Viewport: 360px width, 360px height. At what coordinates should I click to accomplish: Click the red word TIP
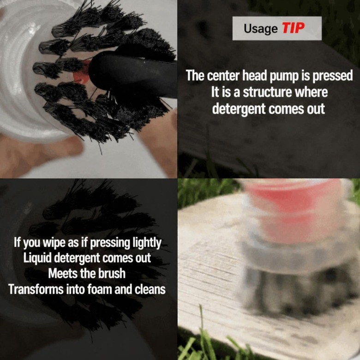tap(293, 28)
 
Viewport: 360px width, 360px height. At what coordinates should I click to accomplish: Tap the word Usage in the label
tap(261, 29)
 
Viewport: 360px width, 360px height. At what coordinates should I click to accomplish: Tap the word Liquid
tap(37, 258)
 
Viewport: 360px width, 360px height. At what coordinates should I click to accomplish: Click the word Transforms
tap(36, 289)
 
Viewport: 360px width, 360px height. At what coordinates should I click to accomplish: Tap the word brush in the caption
tap(112, 274)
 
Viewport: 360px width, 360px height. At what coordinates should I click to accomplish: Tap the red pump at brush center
tap(82, 73)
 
